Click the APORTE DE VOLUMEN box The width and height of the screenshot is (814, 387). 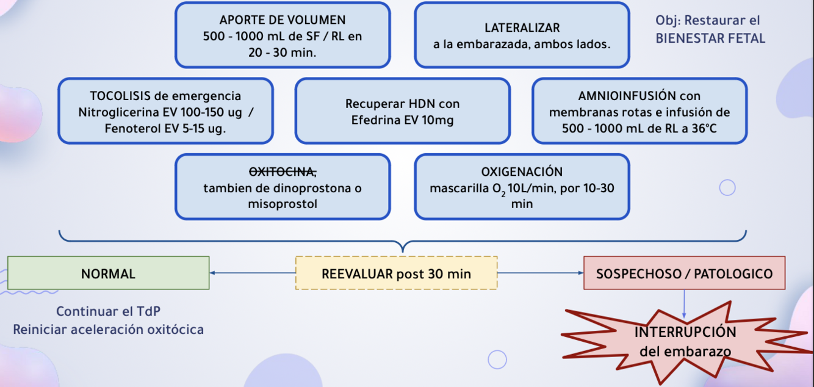[x=282, y=35]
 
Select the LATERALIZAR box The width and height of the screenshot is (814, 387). [x=522, y=35]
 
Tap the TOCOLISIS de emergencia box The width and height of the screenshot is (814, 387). [x=165, y=111]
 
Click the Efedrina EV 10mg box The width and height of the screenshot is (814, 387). [x=402, y=111]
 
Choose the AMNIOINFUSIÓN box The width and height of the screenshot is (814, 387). [x=639, y=111]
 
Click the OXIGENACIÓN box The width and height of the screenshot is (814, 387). [x=522, y=187]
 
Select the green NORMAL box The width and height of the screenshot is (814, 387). [x=108, y=273]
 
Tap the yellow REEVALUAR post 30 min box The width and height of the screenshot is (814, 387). [x=397, y=273]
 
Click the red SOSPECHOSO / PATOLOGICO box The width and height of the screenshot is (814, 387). [x=684, y=273]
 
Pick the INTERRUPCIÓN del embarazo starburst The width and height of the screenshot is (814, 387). [x=685, y=341]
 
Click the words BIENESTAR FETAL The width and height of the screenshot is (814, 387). [x=710, y=38]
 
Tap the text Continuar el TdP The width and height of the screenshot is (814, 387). [x=108, y=311]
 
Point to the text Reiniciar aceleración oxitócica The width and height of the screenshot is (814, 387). [x=108, y=330]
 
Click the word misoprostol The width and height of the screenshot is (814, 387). [x=283, y=204]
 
